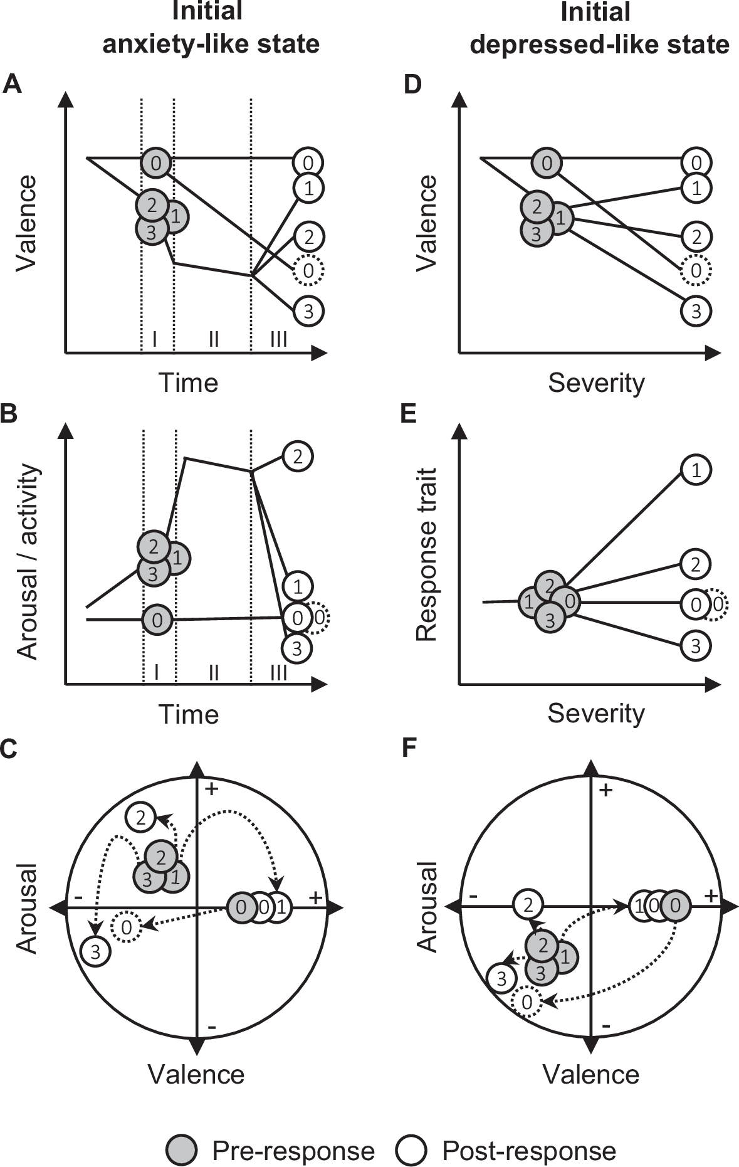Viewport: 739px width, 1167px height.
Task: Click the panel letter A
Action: tap(12, 83)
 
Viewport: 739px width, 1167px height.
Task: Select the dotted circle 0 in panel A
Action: tap(308, 271)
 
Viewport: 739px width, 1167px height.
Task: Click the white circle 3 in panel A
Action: tap(308, 312)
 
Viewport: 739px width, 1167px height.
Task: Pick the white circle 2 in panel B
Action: tap(298, 456)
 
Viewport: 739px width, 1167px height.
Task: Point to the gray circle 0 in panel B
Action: tap(157, 620)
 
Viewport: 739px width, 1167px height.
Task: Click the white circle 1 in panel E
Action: tap(696, 470)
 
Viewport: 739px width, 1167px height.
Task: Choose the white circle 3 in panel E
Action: tap(696, 646)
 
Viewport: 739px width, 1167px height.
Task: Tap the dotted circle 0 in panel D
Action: tap(696, 271)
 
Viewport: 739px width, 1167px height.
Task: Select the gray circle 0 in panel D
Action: tap(547, 164)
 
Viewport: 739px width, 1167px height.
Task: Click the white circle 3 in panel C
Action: tap(95, 952)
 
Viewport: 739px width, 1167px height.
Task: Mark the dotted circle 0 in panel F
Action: tap(527, 1001)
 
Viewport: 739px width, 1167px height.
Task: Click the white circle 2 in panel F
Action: tap(528, 905)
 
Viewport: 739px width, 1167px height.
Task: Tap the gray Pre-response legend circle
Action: tap(182, 1151)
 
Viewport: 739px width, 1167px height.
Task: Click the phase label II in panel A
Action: tap(213, 339)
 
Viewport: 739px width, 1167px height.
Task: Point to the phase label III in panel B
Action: tap(278, 673)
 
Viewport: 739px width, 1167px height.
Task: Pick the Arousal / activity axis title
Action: tap(28, 562)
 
